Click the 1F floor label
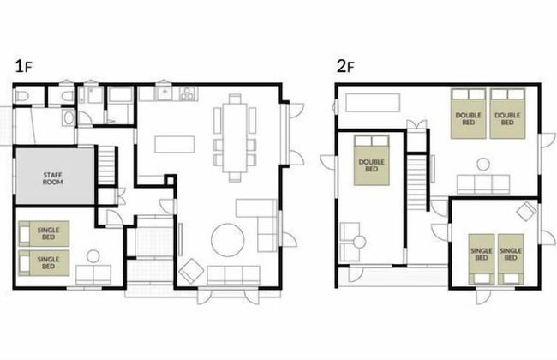coord(24,66)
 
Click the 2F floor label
coord(345,66)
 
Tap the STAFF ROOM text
coord(52,178)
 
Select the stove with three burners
coord(187,93)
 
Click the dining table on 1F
coord(235,137)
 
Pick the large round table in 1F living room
coord(228,239)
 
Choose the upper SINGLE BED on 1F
coord(44,234)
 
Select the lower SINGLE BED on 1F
coord(44,263)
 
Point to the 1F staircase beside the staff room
coord(106,165)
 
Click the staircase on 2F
coord(416,182)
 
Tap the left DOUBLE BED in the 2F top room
coord(468,114)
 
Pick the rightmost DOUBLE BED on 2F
coord(507,114)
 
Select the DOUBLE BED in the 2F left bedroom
coord(372,160)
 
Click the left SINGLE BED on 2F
coord(482,259)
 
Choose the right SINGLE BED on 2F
coord(511,259)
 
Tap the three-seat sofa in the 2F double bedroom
coord(483,184)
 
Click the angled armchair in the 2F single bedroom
coord(526,212)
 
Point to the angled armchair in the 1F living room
coord(191,271)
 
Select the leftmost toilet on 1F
coord(22,96)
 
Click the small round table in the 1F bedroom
coord(93,256)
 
